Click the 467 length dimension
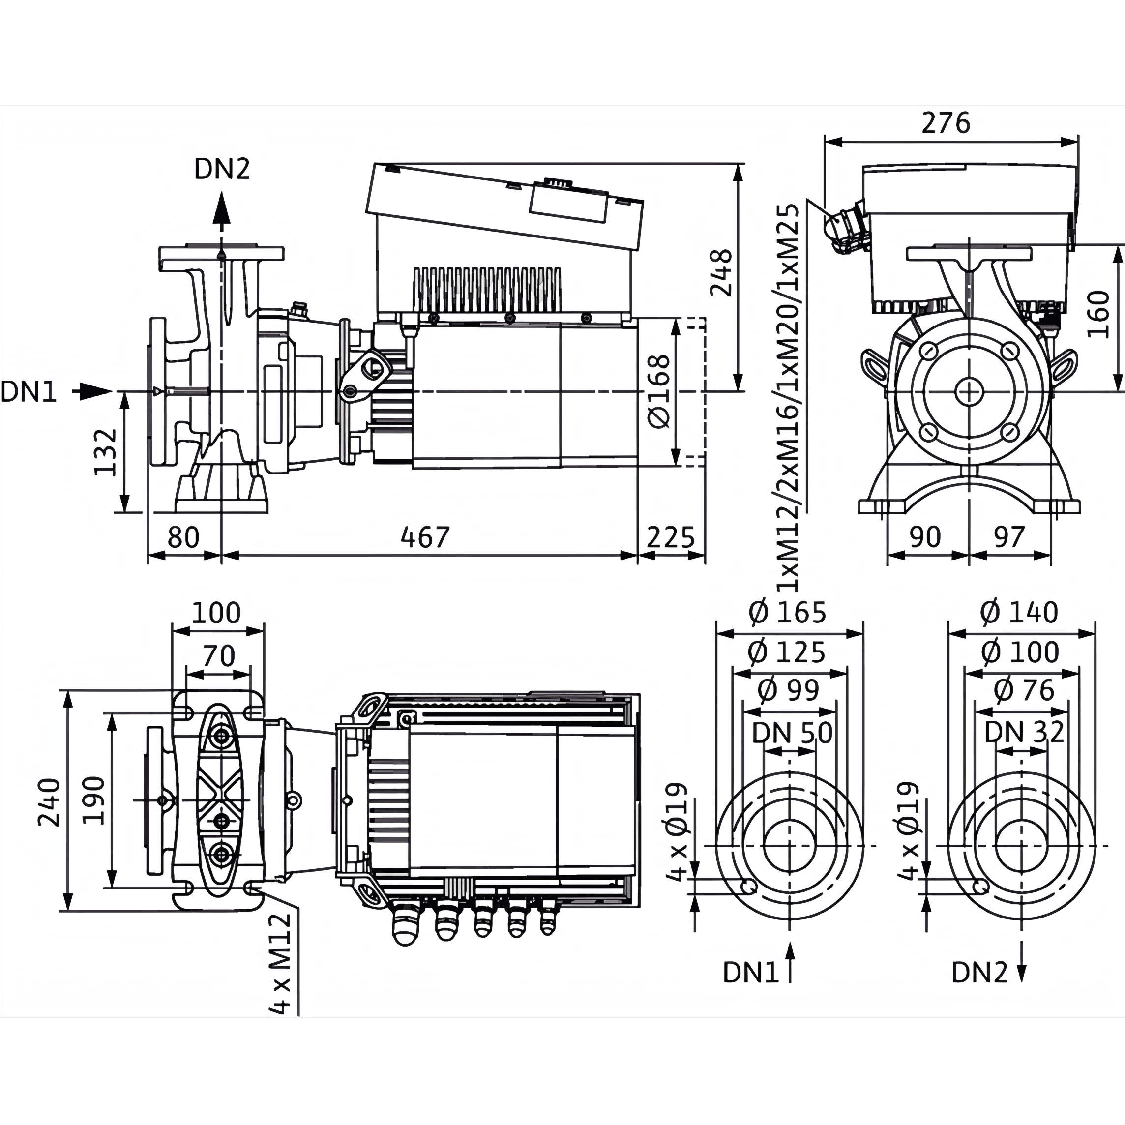[425, 537]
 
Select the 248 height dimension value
[721, 272]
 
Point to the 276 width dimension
[946, 123]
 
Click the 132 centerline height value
[107, 452]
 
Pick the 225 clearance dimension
[671, 537]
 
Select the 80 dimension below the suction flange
[183, 537]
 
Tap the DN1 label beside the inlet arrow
[29, 392]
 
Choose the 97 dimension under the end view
[1008, 537]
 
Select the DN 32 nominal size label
[1024, 733]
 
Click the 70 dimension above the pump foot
[219, 656]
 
